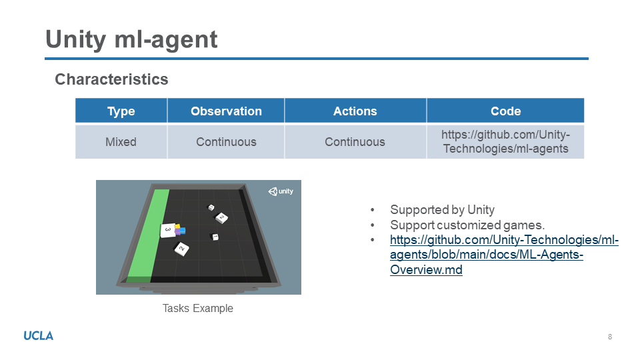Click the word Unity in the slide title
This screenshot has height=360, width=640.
(x=75, y=39)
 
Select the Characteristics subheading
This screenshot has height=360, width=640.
(x=111, y=79)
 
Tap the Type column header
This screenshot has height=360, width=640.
(x=121, y=111)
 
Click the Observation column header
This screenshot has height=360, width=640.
(x=226, y=111)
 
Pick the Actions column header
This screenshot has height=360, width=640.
(x=355, y=111)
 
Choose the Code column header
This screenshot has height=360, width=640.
(x=506, y=111)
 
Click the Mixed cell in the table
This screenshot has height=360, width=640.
(x=121, y=142)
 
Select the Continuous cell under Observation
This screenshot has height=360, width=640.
(x=226, y=142)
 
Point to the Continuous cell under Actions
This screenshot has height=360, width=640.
(x=355, y=142)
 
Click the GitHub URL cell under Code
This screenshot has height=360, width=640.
(x=506, y=141)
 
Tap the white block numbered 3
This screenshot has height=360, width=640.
(x=168, y=231)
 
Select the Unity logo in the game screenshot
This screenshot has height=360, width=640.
(x=281, y=191)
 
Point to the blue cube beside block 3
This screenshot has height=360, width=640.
(x=183, y=231)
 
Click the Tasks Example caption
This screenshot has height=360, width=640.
(x=198, y=308)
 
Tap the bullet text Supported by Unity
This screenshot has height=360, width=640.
(x=443, y=210)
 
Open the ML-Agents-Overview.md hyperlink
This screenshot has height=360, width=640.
(x=505, y=255)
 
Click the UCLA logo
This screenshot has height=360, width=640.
(x=39, y=336)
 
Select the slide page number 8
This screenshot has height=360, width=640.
(x=610, y=337)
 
